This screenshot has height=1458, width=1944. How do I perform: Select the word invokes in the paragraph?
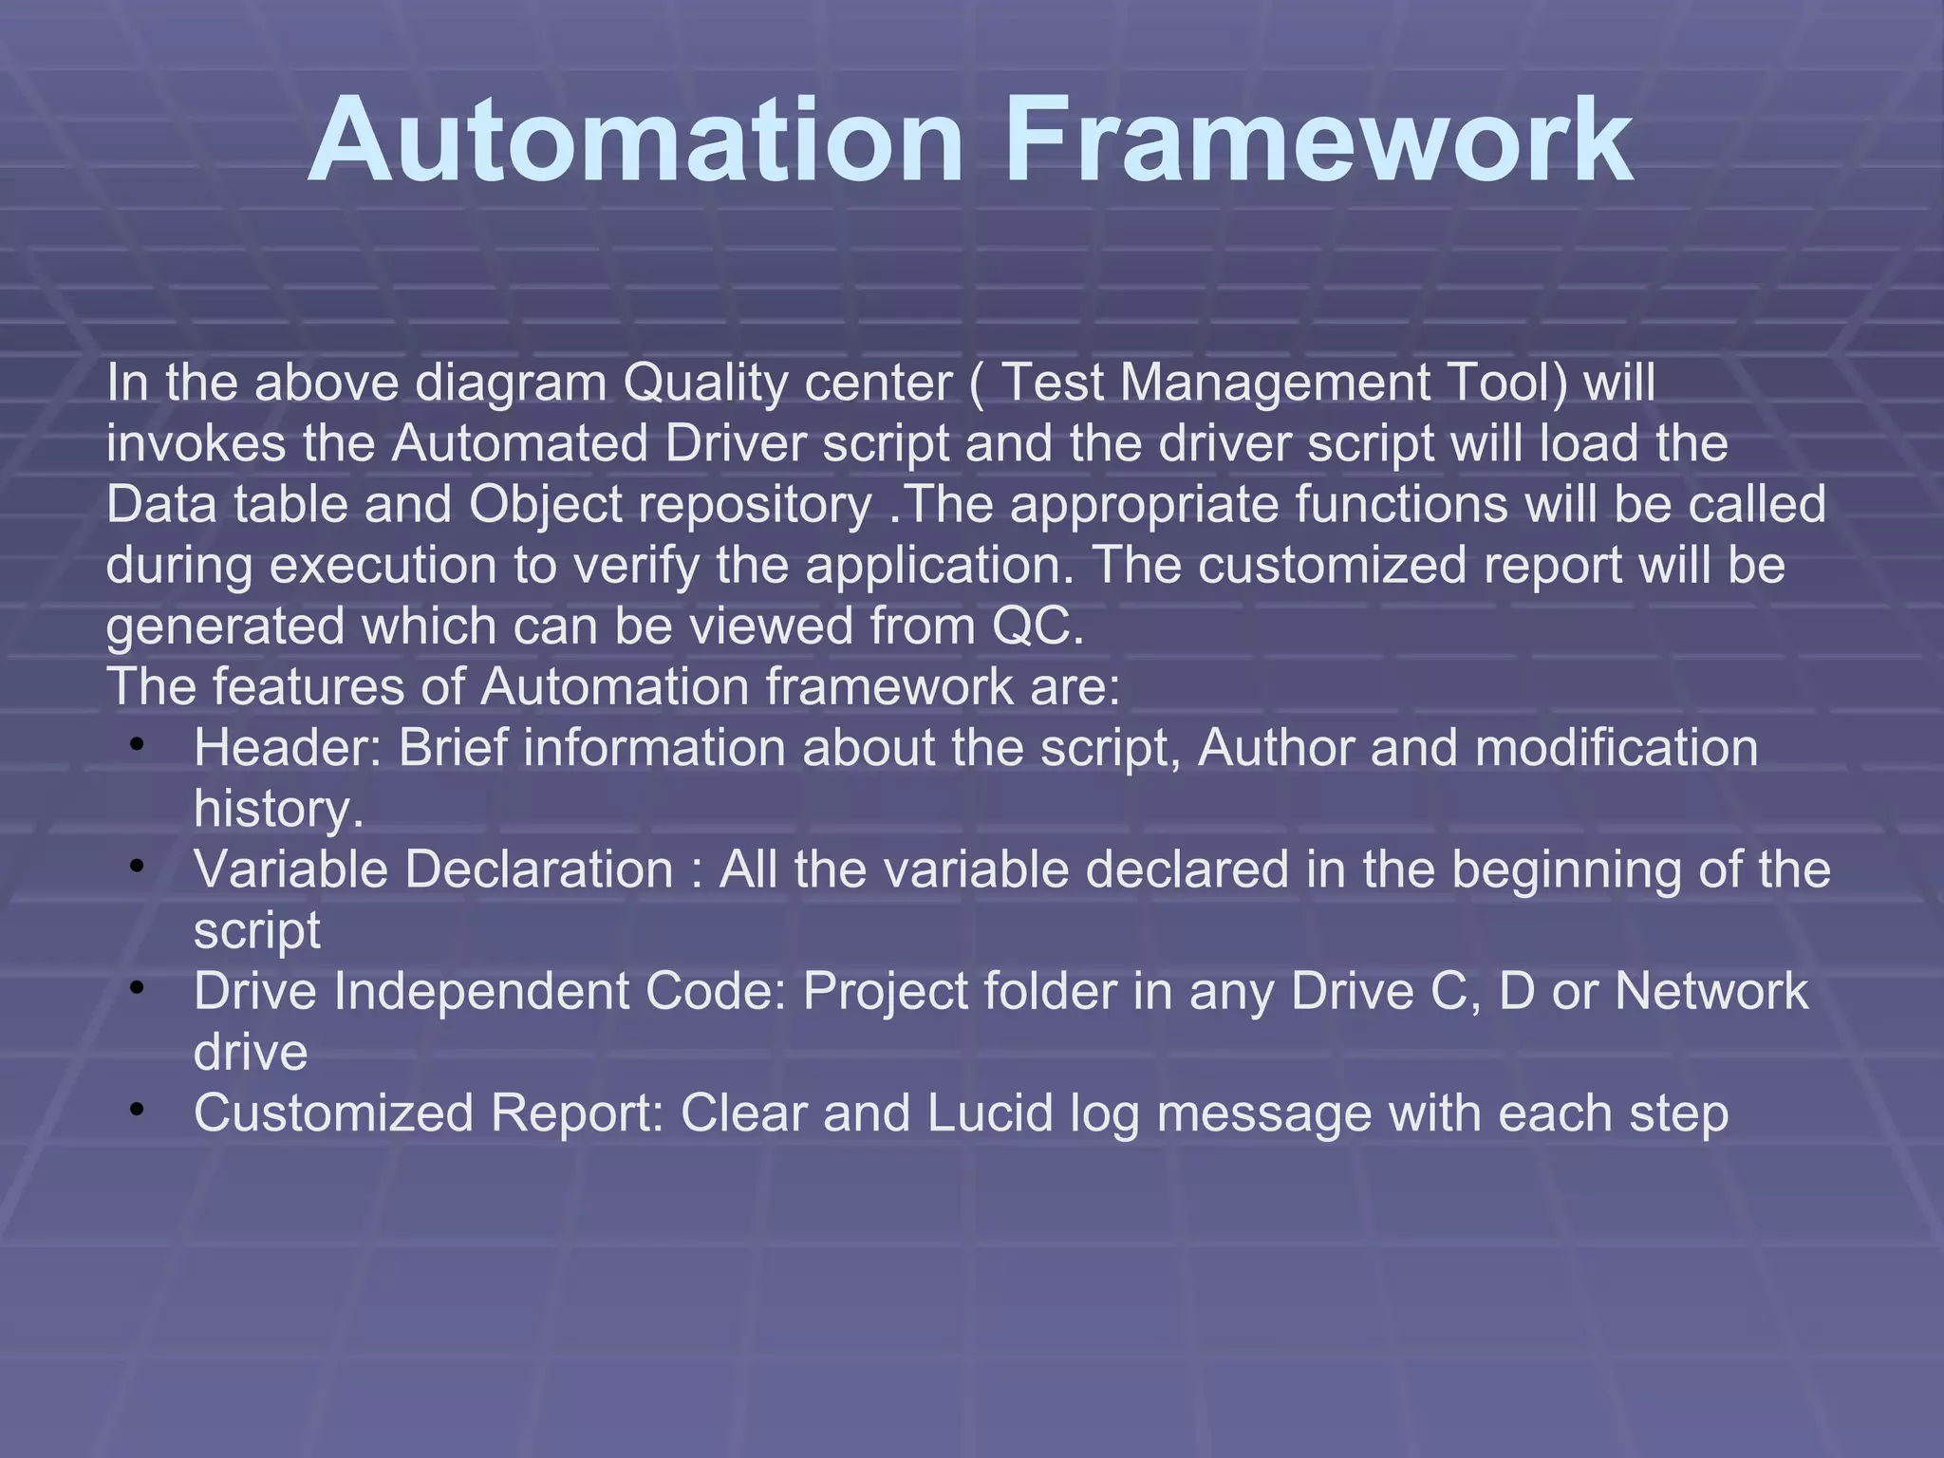pyautogui.click(x=196, y=444)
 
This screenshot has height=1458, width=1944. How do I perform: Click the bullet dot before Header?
pyautogui.click(x=138, y=744)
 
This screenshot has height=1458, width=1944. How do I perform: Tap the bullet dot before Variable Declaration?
pyautogui.click(x=138, y=866)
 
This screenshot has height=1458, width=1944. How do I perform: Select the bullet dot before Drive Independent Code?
pyautogui.click(x=138, y=987)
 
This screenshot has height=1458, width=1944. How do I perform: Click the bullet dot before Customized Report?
pyautogui.click(x=138, y=1109)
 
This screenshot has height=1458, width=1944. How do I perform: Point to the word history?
pyautogui.click(x=277, y=809)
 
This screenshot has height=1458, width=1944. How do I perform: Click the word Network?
pyautogui.click(x=1711, y=991)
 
